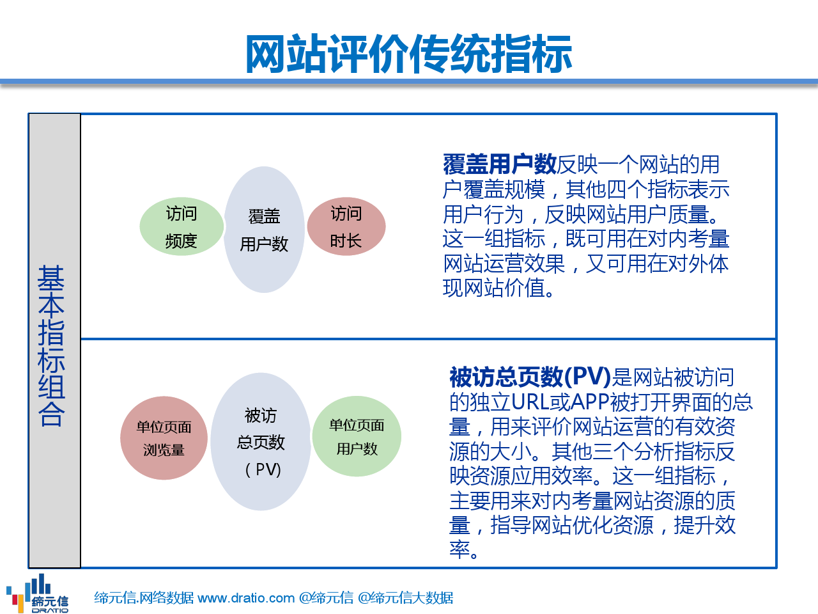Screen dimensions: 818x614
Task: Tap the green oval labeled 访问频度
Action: [181, 226]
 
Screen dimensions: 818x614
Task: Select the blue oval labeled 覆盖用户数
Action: [264, 230]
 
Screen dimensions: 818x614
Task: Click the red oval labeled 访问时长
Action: [346, 226]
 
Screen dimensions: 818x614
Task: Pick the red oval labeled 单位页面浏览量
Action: [164, 438]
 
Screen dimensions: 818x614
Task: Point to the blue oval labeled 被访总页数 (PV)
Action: [261, 442]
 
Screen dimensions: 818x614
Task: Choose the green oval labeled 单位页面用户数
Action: [357, 436]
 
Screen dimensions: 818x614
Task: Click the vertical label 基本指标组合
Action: [51, 345]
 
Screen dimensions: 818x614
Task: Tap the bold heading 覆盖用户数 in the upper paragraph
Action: [499, 164]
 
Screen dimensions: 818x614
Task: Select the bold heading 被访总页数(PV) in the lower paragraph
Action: [530, 377]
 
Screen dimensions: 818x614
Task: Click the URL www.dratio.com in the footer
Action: [246, 598]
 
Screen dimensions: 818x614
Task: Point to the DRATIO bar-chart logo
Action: [37, 593]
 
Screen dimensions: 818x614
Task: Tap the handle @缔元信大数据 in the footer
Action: [405, 598]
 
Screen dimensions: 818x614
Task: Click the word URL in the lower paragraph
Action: [530, 402]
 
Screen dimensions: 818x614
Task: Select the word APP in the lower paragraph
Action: [590, 402]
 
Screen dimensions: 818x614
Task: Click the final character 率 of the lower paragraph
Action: [459, 549]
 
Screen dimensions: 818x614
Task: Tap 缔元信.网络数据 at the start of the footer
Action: [144, 598]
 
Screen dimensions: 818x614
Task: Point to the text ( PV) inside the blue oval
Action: [263, 469]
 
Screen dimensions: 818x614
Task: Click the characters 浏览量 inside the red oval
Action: [164, 450]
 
